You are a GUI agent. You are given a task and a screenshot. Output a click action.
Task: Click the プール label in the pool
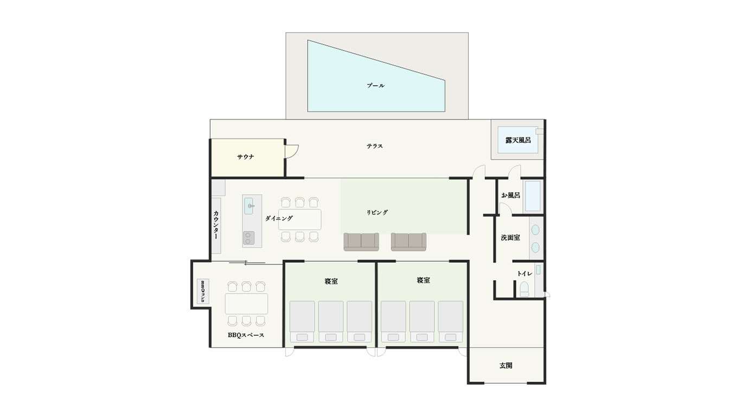click(375, 85)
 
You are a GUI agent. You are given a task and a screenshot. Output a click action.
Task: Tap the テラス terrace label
click(374, 146)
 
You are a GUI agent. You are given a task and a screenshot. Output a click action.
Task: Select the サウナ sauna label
click(245, 157)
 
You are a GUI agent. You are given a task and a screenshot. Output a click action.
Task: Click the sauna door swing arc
click(295, 153)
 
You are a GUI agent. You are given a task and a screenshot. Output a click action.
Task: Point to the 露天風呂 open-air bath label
click(518, 140)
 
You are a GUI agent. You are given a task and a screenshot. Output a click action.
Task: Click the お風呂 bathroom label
click(510, 195)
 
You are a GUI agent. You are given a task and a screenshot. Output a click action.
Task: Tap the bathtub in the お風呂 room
click(533, 196)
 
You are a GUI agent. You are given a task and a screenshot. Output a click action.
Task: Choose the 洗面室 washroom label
click(510, 237)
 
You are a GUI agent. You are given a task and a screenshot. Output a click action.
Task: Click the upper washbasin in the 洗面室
click(535, 230)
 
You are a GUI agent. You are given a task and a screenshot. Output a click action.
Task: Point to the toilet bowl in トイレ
click(525, 289)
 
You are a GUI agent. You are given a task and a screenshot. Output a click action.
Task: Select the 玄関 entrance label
click(506, 365)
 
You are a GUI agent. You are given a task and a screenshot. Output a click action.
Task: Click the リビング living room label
click(377, 213)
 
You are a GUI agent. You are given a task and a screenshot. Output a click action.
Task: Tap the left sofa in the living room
click(361, 242)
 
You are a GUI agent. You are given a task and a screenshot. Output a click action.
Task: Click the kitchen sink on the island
click(248, 206)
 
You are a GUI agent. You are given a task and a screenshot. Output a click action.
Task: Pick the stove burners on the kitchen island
click(249, 238)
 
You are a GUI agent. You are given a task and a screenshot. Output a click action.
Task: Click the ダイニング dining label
click(279, 218)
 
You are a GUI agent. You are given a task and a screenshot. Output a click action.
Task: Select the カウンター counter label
click(216, 225)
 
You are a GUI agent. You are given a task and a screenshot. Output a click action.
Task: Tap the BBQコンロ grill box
click(203, 291)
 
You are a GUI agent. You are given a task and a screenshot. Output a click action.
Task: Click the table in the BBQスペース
click(246, 304)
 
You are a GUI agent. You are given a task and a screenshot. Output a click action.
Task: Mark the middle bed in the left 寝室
click(331, 321)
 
